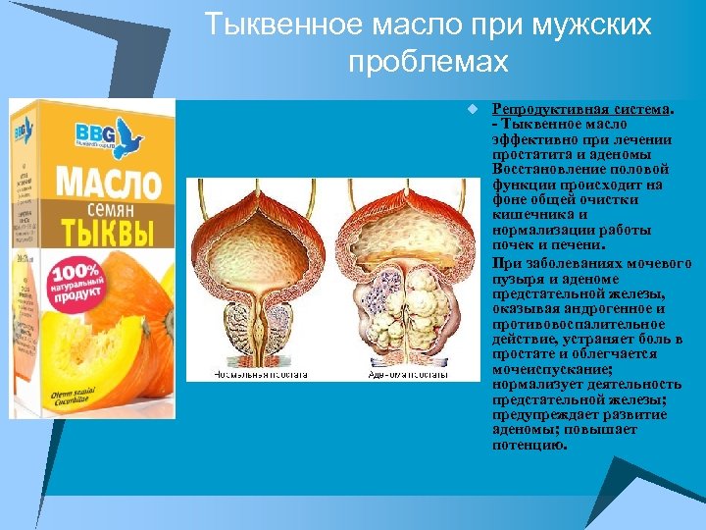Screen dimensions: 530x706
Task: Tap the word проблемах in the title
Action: pyautogui.click(x=429, y=62)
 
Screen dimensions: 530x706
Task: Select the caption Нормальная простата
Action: pyautogui.click(x=261, y=374)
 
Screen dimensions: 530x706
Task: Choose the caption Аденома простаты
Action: pyautogui.click(x=409, y=374)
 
